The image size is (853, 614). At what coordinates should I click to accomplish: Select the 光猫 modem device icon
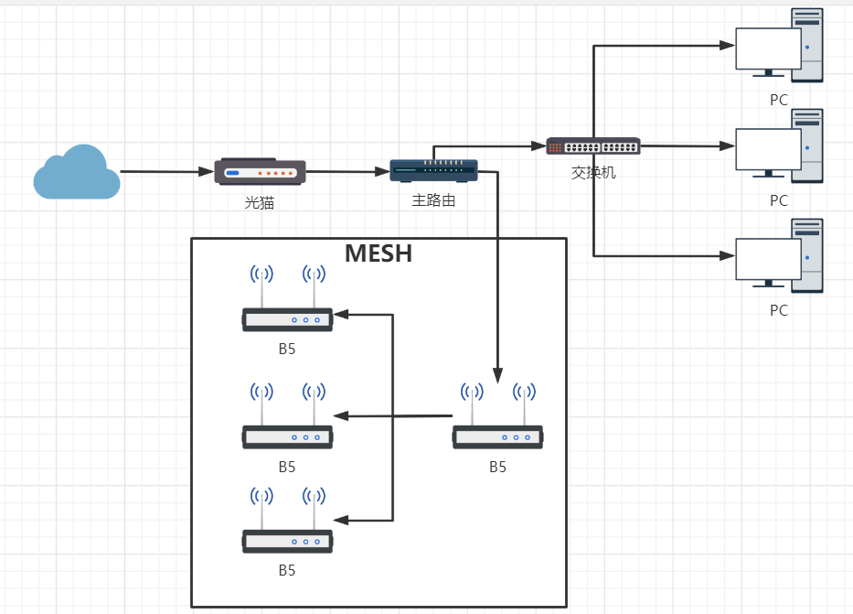click(x=260, y=171)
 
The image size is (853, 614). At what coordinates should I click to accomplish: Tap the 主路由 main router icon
click(x=433, y=170)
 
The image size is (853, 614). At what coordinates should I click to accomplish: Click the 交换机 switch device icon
click(x=593, y=146)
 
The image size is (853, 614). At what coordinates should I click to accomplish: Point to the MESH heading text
click(x=379, y=253)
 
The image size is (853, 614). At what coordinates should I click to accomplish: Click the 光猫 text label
click(x=260, y=202)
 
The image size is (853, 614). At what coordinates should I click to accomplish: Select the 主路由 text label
click(x=433, y=200)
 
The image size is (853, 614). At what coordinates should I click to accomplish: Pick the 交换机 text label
click(x=593, y=171)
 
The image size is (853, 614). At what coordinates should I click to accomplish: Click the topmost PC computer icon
click(x=779, y=47)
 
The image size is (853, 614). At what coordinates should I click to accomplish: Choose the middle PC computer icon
click(x=779, y=146)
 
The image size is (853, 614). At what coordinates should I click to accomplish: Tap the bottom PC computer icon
click(x=779, y=256)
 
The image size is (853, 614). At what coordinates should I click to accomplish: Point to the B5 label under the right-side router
click(x=497, y=468)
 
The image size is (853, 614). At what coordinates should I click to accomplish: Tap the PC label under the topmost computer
click(x=779, y=101)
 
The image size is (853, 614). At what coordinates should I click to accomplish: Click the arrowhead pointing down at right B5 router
click(x=497, y=375)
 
